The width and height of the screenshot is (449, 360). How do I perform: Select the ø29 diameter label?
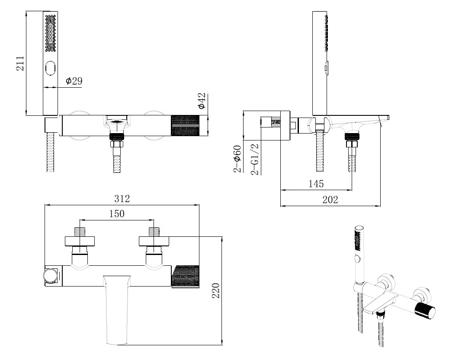pyautogui.click(x=74, y=81)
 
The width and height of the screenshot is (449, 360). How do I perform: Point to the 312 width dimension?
pyautogui.click(x=122, y=199)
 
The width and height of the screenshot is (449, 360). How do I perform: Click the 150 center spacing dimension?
pyautogui.click(x=116, y=213)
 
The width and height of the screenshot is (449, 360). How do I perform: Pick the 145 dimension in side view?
pyautogui.click(x=316, y=184)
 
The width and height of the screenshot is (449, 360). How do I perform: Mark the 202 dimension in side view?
pyautogui.click(x=330, y=200)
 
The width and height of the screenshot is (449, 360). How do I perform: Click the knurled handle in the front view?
pyautogui.click(x=186, y=126)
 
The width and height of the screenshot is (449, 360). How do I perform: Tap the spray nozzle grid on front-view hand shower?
pyautogui.click(x=51, y=32)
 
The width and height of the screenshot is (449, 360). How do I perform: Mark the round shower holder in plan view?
pyautogui.click(x=50, y=275)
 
